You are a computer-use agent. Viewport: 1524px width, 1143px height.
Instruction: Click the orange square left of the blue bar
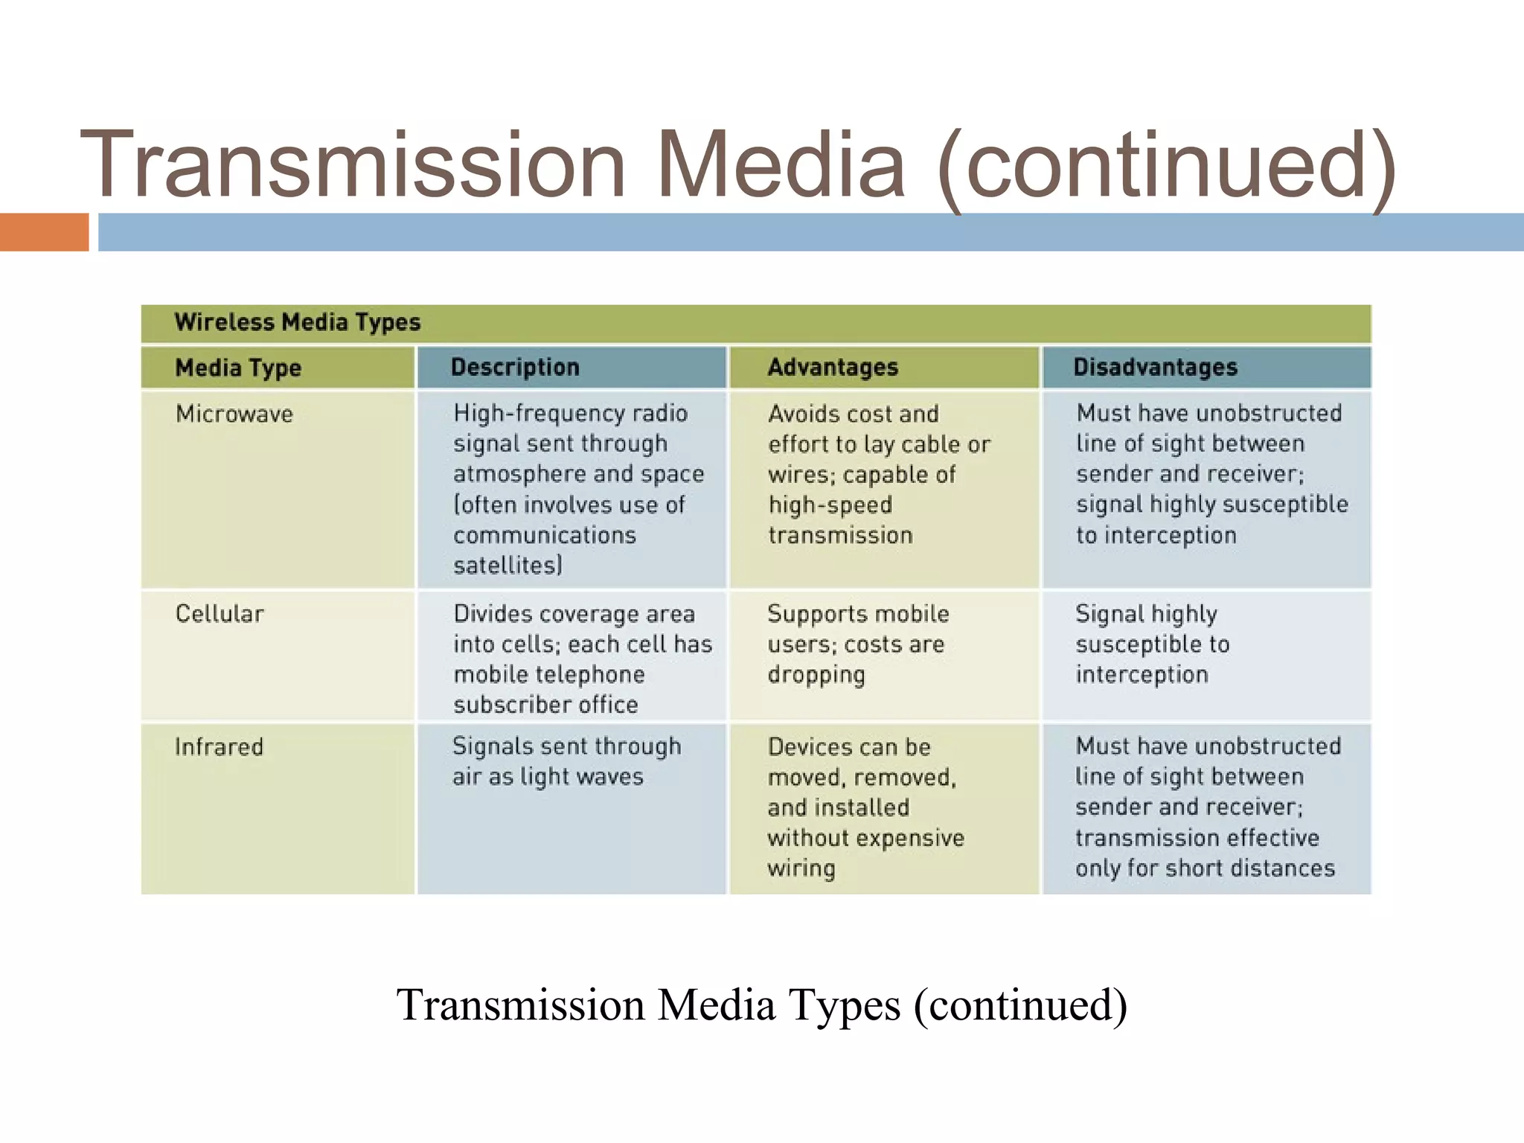pos(44,232)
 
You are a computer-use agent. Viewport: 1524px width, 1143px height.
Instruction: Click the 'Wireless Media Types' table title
pos(298,322)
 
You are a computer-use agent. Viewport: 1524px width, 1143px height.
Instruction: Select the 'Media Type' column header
pos(238,368)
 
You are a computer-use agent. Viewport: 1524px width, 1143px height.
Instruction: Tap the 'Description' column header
pos(515,367)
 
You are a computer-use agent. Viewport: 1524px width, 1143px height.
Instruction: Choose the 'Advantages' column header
pos(833,367)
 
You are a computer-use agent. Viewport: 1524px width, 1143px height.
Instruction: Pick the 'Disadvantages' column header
pos(1155,367)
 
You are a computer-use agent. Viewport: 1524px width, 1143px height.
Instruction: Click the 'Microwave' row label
pos(234,414)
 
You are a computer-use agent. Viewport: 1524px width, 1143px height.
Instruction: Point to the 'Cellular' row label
pos(220,614)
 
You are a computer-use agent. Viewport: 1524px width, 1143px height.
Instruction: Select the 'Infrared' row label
pos(219,746)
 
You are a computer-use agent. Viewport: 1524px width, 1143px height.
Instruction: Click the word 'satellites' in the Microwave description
pos(506,566)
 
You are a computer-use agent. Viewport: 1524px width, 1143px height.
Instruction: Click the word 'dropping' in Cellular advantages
pos(816,675)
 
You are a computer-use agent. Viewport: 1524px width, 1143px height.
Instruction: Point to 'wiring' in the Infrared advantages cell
pos(801,868)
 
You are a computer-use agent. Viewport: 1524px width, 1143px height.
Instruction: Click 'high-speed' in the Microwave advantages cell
pos(830,505)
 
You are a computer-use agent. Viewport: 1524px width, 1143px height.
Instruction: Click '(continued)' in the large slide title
pos(1167,164)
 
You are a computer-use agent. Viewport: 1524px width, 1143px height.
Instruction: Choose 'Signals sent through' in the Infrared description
pos(566,746)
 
